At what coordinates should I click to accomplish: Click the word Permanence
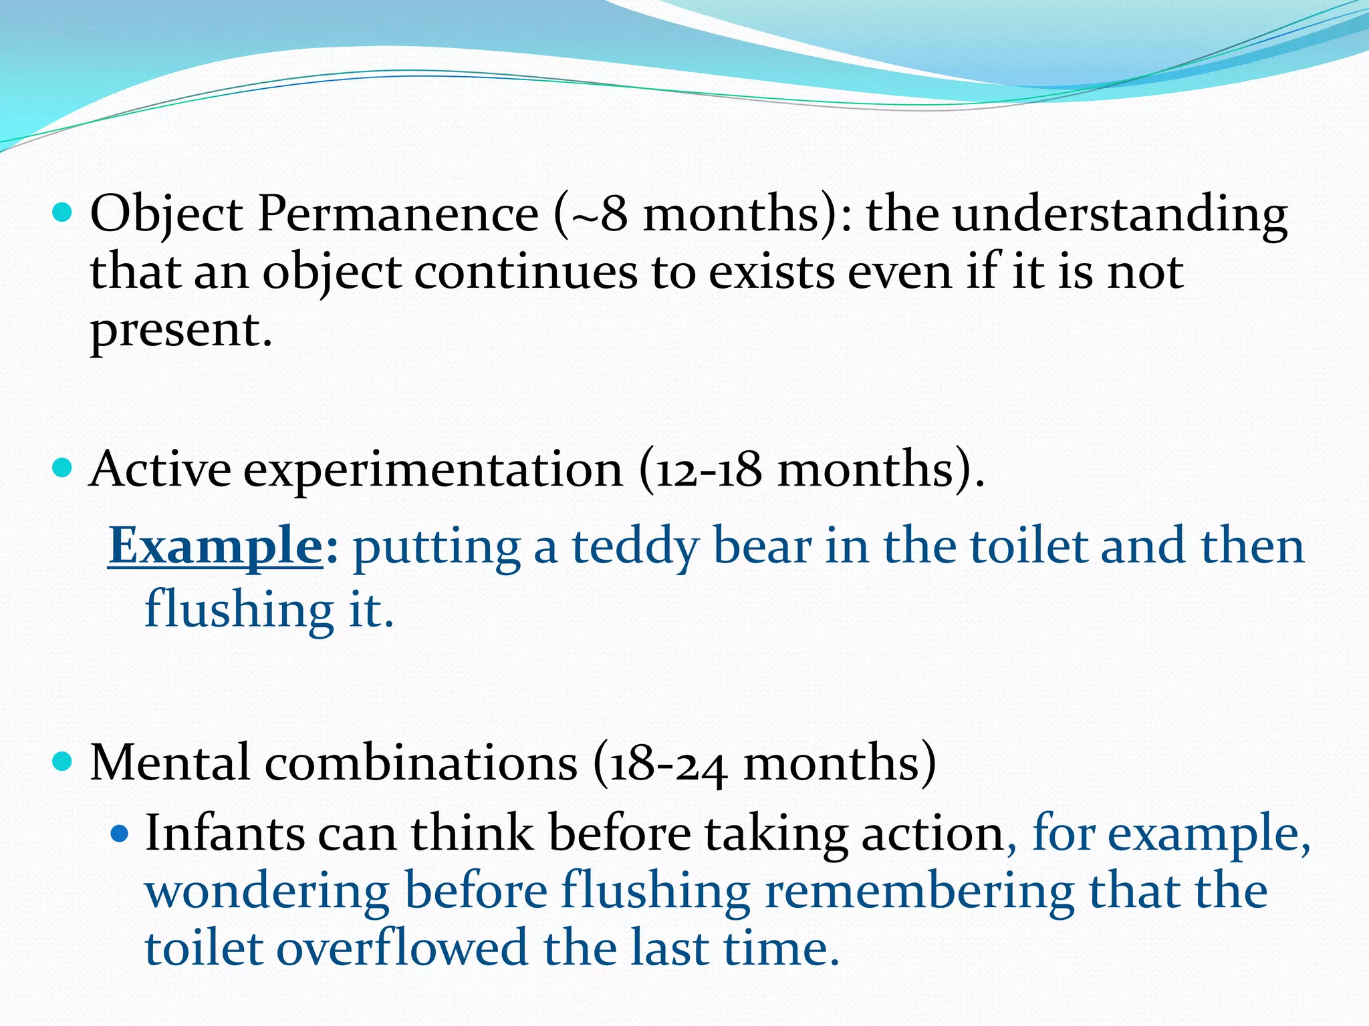(398, 214)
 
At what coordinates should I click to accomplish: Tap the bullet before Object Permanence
(61, 213)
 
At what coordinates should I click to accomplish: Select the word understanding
(1120, 214)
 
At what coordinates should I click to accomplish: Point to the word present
(181, 330)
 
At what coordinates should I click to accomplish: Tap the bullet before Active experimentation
(61, 468)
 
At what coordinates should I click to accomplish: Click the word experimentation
(433, 470)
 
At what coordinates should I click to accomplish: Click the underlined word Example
(215, 546)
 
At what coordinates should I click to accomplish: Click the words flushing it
(269, 610)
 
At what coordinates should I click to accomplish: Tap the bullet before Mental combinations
(61, 761)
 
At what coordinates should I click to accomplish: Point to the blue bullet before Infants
(120, 833)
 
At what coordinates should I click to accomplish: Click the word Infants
(225, 833)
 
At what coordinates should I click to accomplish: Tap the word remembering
(919, 891)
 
